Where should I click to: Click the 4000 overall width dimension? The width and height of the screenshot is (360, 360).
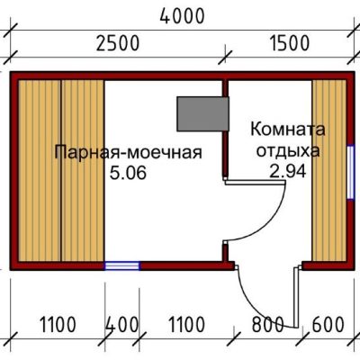click(182, 16)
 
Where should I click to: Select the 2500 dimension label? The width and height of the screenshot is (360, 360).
click(118, 43)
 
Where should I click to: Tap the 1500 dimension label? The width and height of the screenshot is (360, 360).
click(289, 43)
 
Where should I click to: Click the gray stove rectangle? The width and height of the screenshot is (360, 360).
click(202, 114)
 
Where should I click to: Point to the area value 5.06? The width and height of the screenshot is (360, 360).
click(128, 173)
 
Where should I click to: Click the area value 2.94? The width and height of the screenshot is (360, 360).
click(288, 171)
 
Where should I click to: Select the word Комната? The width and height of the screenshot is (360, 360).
click(288, 130)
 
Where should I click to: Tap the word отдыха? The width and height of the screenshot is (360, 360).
click(288, 151)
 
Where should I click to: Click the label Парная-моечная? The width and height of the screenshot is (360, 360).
click(129, 153)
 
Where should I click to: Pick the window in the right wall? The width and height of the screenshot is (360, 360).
click(350, 172)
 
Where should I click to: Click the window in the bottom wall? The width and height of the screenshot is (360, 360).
click(122, 265)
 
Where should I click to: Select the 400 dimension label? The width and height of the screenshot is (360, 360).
click(122, 325)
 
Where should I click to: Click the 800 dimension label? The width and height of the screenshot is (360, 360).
click(267, 325)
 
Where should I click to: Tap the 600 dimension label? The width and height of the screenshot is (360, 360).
click(328, 325)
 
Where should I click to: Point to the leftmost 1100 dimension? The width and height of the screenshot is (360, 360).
click(58, 325)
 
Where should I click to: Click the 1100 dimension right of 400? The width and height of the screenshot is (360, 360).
click(186, 325)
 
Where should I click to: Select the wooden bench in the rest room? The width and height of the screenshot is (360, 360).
click(328, 171)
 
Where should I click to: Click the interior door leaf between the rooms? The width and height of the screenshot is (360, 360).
click(255, 182)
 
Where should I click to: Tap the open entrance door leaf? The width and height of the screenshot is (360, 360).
click(296, 296)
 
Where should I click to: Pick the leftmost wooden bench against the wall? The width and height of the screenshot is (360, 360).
click(40, 171)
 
